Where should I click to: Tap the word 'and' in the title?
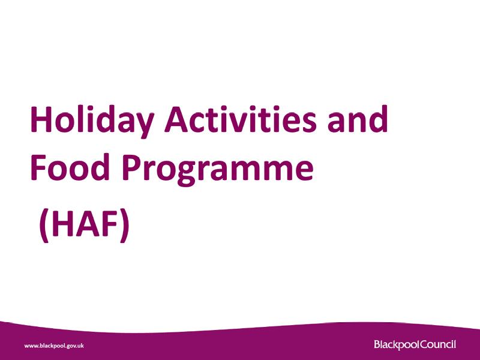[x=358, y=120]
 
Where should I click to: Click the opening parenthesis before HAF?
[x=43, y=227]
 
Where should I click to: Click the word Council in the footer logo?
[x=435, y=344]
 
